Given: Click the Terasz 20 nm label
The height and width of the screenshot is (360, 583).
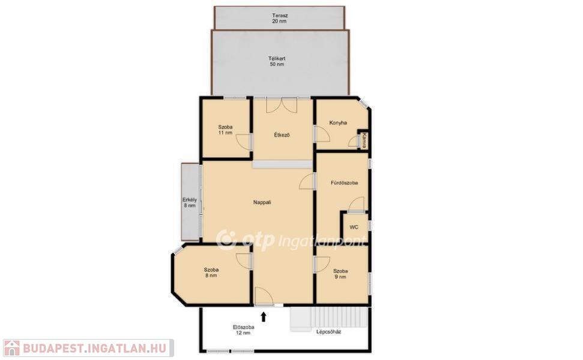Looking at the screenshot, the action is [280, 19].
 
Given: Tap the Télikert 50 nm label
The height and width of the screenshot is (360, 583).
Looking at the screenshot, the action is [277, 61].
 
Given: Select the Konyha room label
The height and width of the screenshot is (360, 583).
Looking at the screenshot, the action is [338, 122].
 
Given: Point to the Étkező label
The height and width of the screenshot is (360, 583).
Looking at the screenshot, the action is [282, 135].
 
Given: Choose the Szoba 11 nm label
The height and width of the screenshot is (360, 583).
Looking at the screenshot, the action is [225, 130].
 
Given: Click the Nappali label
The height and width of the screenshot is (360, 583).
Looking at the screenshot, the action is [262, 202].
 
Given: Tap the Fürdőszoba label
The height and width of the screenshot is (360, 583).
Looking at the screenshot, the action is [344, 183].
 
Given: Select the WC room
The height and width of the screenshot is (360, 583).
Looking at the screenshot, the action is [354, 227].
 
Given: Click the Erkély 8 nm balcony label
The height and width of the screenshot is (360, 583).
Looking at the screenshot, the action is [190, 202].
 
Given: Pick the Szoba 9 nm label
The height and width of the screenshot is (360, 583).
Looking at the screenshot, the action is [340, 274].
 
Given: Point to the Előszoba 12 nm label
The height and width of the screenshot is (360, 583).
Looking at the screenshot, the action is [244, 330].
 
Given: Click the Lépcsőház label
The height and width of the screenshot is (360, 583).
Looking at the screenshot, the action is [328, 332].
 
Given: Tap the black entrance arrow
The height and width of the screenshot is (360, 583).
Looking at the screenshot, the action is [264, 317].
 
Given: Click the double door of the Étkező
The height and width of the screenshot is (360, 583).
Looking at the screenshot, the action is [282, 104].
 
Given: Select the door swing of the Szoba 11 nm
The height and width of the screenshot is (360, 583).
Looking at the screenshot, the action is [244, 142].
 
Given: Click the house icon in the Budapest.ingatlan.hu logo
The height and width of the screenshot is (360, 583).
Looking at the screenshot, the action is [11, 348].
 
